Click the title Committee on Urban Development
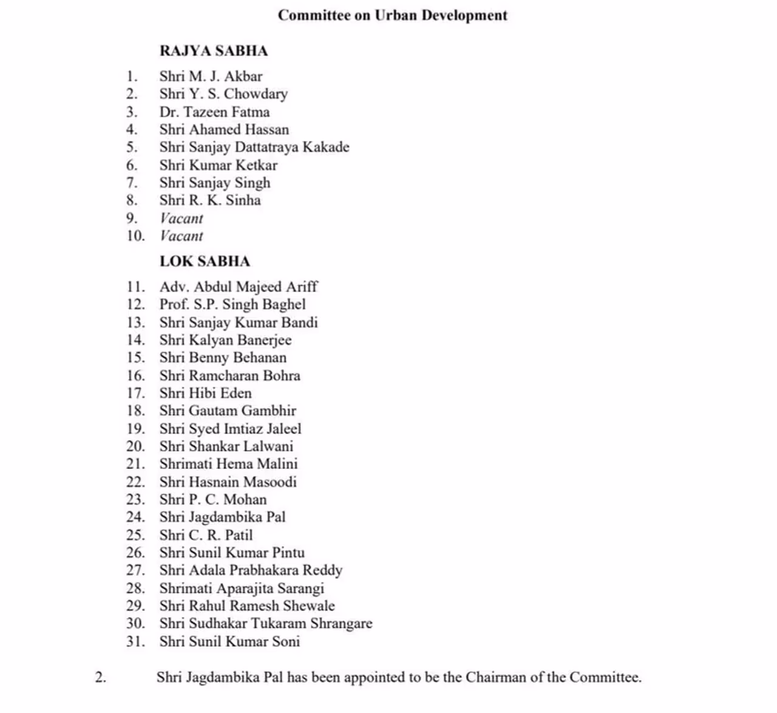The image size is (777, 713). [x=392, y=15]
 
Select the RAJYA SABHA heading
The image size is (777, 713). [x=213, y=50]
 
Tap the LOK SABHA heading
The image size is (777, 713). [x=205, y=261]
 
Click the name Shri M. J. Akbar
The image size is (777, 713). [x=211, y=77]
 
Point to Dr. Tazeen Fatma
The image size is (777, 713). [x=214, y=112]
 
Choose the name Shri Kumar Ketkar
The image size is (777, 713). [x=218, y=165]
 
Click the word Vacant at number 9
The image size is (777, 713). [x=182, y=219]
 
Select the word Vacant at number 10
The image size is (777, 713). [x=182, y=236]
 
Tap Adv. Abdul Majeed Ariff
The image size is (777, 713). [x=238, y=287]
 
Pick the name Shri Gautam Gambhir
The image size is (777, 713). [x=228, y=411]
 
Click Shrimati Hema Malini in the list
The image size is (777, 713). [x=228, y=464]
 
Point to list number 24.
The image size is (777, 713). [x=135, y=517]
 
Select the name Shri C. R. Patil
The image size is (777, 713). [x=206, y=535]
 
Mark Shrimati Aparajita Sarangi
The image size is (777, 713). [x=242, y=588]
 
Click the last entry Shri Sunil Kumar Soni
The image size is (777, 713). [x=229, y=641]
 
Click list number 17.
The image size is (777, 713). [x=135, y=394]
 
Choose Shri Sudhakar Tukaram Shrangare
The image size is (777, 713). [x=266, y=624]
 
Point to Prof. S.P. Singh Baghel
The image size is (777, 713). [x=232, y=304]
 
